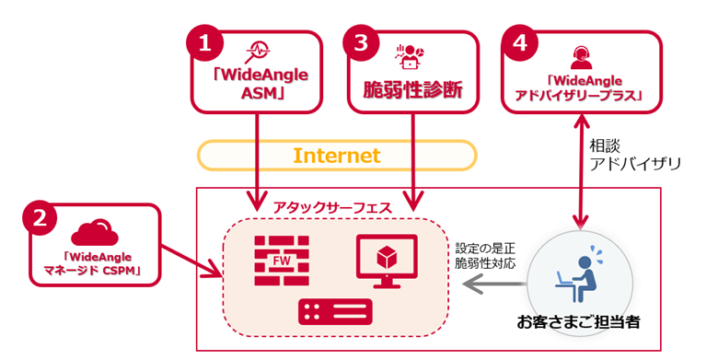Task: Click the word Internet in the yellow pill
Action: click(x=336, y=156)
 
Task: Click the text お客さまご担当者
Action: click(x=578, y=323)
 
